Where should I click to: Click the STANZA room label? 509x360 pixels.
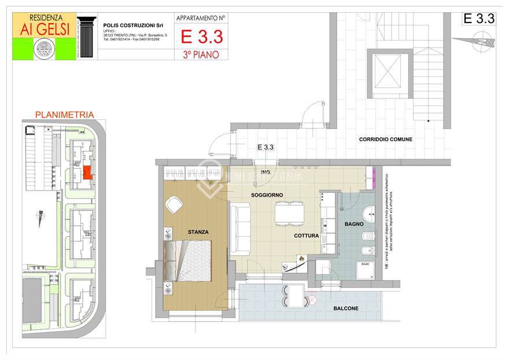coord(198,232)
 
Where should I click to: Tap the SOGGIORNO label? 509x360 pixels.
coord(267,195)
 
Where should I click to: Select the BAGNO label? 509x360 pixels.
coord(354,223)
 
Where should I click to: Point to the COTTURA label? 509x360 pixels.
coord(307,236)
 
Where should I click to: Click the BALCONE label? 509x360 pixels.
coord(346,308)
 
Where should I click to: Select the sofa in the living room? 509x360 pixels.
coord(240,229)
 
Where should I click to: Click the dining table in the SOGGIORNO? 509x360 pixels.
coord(289,214)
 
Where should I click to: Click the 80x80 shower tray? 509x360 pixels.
coord(365,272)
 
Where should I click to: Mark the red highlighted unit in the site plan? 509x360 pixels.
coord(87,172)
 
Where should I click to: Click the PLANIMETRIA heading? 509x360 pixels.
coord(65,115)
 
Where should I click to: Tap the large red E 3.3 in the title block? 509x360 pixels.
coord(201,37)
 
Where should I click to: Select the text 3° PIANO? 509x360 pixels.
coord(201,54)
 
